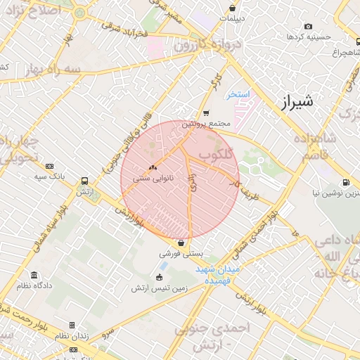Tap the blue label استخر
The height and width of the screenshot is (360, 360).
tap(238, 94)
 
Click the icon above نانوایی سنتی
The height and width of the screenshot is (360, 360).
tap(153, 167)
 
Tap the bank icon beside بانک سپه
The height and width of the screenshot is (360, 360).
tap(49, 166)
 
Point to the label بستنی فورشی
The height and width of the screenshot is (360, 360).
tap(181, 253)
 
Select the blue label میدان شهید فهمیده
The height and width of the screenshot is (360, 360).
tap(218, 275)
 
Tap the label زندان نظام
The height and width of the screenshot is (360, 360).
tap(72, 336)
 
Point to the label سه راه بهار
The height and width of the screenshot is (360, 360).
tap(44, 70)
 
